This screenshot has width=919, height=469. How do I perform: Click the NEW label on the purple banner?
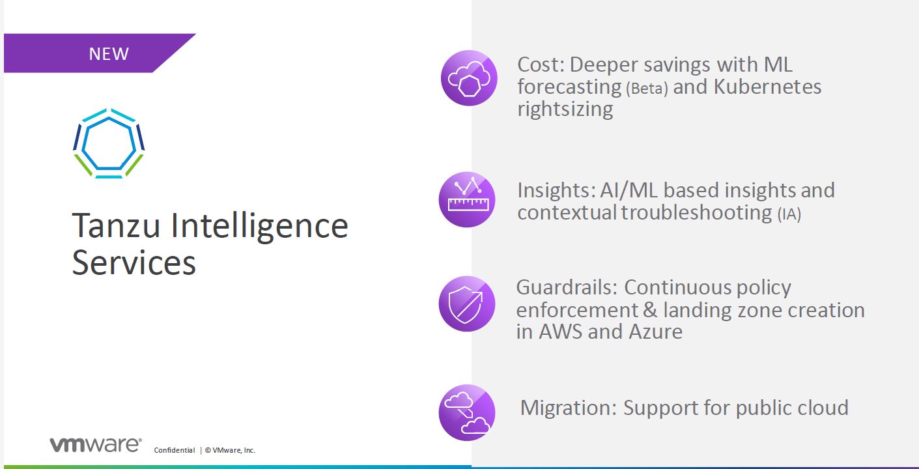click(109, 53)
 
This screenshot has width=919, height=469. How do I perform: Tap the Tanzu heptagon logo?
click(108, 143)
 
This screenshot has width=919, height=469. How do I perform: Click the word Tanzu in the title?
click(116, 225)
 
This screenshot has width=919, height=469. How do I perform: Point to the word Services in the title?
click(134, 263)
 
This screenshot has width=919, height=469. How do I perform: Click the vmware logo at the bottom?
click(95, 445)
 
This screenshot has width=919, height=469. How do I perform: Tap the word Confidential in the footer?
click(174, 450)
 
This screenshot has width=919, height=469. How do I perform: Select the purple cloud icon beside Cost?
click(469, 78)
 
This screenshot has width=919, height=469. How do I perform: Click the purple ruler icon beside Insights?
click(466, 199)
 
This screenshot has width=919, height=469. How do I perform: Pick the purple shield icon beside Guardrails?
click(466, 304)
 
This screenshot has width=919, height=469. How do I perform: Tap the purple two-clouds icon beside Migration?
click(466, 412)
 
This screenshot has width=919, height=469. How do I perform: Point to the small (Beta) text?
click(647, 89)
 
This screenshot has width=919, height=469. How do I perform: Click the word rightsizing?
click(565, 109)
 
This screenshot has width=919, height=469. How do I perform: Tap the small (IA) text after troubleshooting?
click(789, 214)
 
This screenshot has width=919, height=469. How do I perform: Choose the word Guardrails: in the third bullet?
click(567, 288)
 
